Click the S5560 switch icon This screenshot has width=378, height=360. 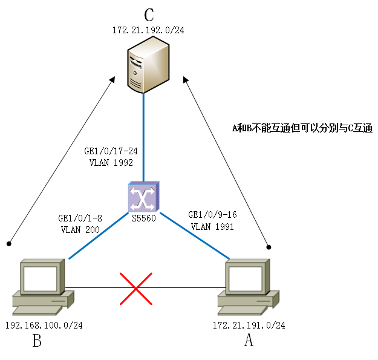[143, 196]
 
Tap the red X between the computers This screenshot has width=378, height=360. [136, 287]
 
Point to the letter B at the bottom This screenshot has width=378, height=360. [37, 342]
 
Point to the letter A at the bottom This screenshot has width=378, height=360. [249, 342]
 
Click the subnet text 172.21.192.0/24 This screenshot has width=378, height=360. [148, 30]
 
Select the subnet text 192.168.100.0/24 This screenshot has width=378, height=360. [44, 325]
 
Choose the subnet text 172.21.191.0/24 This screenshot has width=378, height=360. [249, 325]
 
